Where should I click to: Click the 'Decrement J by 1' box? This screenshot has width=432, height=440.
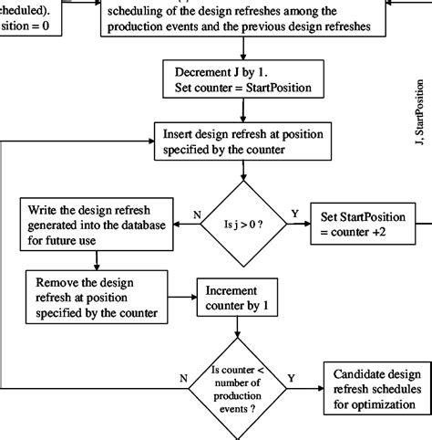[x=242, y=81]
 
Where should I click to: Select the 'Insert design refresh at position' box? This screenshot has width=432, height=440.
[x=242, y=140]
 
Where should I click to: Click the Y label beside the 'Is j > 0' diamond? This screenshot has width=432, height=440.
[x=293, y=215]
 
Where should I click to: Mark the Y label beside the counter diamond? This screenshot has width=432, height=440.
[x=291, y=375]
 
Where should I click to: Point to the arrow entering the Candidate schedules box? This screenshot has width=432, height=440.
[x=310, y=385]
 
